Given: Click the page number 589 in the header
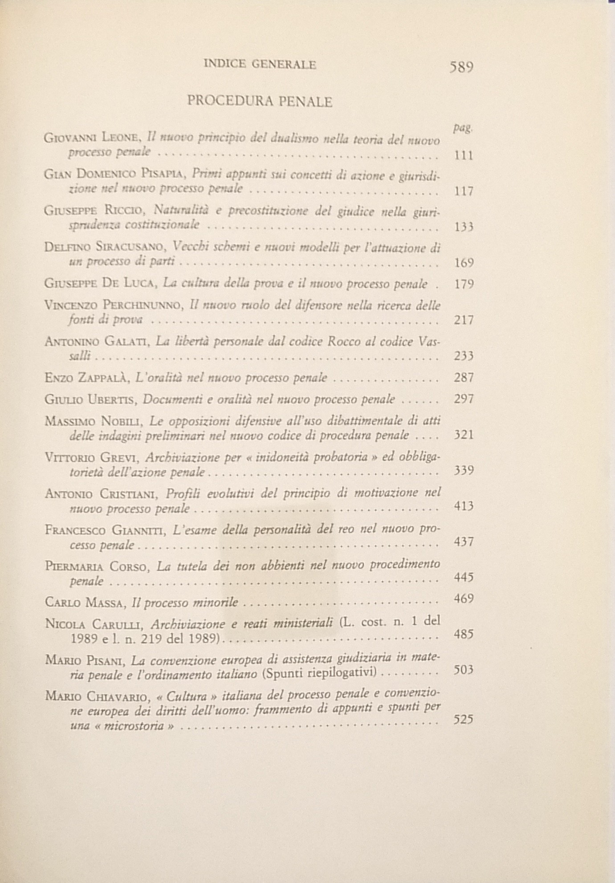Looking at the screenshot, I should (x=461, y=67).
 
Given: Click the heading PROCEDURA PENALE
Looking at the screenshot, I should (x=260, y=102).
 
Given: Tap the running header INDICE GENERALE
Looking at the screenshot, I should (x=260, y=65).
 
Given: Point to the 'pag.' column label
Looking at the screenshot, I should (x=462, y=129).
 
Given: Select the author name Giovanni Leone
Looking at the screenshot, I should (x=93, y=138).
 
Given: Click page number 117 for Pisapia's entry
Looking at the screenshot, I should (x=463, y=191).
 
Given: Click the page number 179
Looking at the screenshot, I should (x=464, y=284).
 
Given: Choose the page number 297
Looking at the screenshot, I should (x=464, y=399).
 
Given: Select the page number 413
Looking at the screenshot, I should (x=463, y=506).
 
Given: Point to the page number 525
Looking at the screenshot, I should (x=463, y=720).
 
